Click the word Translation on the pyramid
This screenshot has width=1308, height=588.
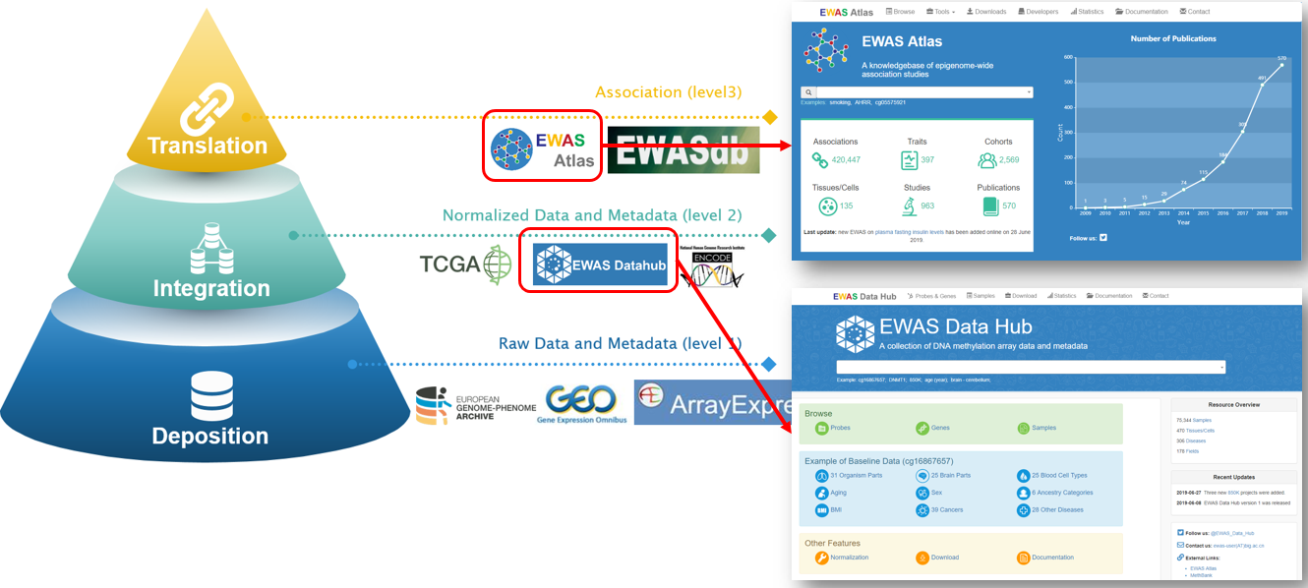(207, 146)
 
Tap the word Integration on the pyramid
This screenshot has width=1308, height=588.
(211, 288)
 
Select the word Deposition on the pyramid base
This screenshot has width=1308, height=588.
(209, 436)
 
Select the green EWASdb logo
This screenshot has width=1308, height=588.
(684, 149)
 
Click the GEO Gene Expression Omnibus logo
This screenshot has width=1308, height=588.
(581, 404)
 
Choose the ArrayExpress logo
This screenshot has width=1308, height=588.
(712, 402)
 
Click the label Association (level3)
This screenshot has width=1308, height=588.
(668, 92)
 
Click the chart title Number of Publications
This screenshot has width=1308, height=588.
(1173, 39)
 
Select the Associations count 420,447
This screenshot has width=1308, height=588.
(845, 160)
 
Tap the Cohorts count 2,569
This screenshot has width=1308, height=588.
(1008, 160)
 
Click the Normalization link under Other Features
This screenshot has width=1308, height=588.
(849, 558)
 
